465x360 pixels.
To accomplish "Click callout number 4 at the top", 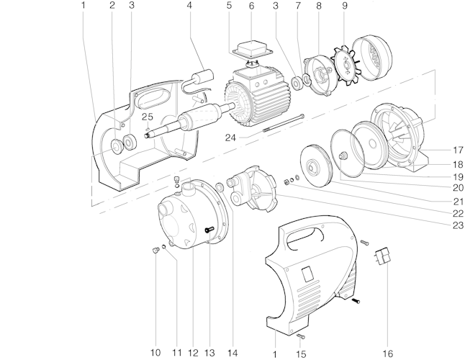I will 189,6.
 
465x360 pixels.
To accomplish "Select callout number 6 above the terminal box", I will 251,6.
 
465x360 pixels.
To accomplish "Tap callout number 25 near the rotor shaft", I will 148,116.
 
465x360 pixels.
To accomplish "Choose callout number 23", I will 457,226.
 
